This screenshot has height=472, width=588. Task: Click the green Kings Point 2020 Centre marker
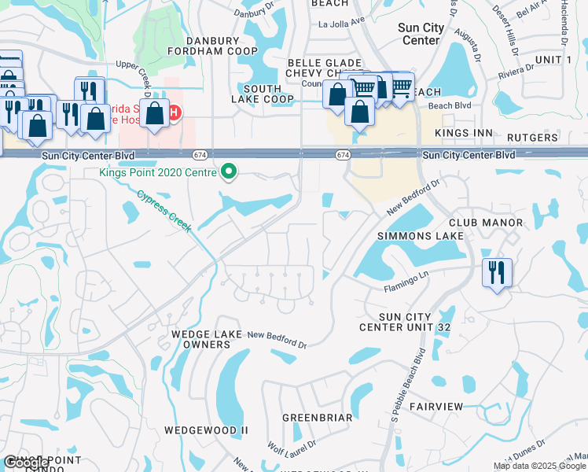229,171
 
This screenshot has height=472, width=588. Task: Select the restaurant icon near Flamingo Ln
497,274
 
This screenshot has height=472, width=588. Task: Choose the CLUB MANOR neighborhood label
486,223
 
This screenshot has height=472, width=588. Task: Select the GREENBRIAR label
317,418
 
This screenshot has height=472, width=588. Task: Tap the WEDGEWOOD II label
206,430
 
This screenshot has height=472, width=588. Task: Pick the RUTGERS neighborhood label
533,138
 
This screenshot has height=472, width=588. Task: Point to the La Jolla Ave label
343,24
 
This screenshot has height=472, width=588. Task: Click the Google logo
25,463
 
